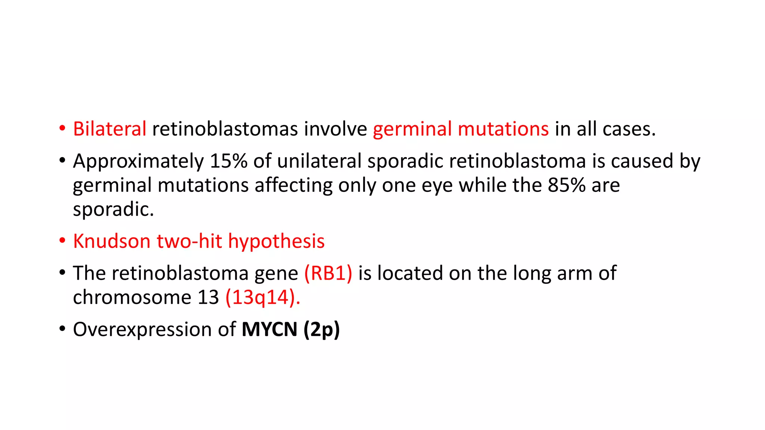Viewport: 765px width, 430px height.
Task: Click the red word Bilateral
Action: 109,129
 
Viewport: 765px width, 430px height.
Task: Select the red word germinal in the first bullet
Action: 412,129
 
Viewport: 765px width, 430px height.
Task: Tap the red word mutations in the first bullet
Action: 503,129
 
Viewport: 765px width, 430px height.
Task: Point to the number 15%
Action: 229,161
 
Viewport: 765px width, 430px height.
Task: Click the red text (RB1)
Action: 328,273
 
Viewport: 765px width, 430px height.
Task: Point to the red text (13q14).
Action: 263,298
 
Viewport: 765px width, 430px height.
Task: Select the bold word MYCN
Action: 269,329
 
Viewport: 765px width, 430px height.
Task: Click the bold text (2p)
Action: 322,330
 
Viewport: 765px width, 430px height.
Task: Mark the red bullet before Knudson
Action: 62,241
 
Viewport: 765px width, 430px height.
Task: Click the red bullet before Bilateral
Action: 62,129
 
